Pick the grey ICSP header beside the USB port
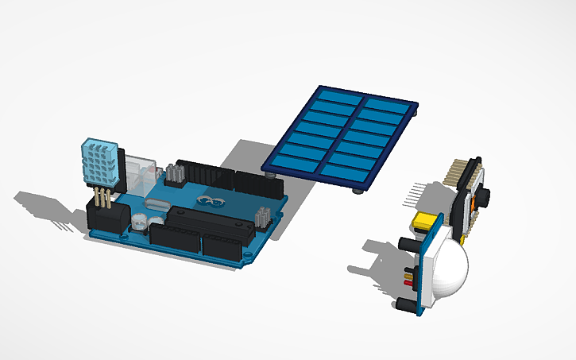pyautogui.click(x=176, y=173)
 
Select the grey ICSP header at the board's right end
pyautogui.click(x=262, y=216)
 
